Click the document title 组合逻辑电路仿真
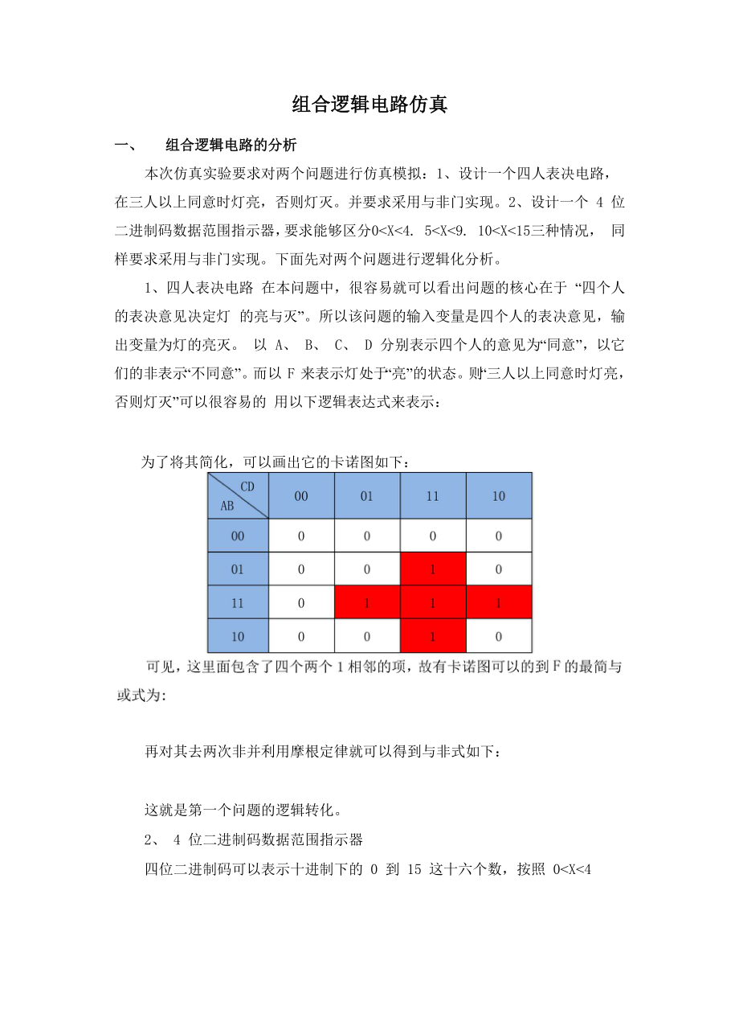(x=369, y=105)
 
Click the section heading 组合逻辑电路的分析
(x=231, y=146)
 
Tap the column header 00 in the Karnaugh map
(x=301, y=496)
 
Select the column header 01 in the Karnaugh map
(x=366, y=496)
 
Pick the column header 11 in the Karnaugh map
(x=432, y=496)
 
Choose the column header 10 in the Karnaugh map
(x=499, y=496)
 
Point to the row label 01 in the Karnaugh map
(x=237, y=569)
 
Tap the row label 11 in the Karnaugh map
(x=237, y=603)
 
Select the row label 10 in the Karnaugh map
(x=237, y=636)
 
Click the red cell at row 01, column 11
(x=432, y=569)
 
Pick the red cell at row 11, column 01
(x=366, y=603)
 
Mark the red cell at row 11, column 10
(x=499, y=603)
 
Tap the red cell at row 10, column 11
(x=432, y=636)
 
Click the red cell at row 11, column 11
(x=432, y=603)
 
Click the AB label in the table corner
(x=227, y=507)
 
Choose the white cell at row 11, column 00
(x=301, y=603)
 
